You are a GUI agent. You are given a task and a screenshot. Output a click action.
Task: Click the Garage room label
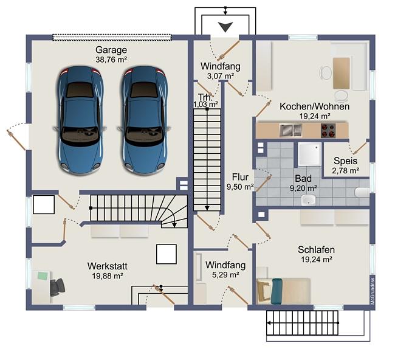tap(111, 50)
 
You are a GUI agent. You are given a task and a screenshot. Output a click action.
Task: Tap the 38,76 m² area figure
tap(111, 60)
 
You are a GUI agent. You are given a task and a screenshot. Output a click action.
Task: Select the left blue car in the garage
tap(80, 120)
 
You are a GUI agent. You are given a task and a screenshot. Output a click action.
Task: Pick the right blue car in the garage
tap(144, 120)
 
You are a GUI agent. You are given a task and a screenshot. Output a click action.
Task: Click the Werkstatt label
tap(108, 266)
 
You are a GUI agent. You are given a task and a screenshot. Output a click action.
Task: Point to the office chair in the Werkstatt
tap(57, 287)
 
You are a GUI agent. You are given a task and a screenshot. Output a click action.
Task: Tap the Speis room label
tap(345, 161)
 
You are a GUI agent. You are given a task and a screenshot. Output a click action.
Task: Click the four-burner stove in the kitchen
tap(328, 130)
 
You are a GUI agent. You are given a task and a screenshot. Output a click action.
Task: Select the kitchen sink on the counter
tap(290, 130)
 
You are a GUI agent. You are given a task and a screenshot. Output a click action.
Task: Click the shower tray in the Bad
tap(309, 154)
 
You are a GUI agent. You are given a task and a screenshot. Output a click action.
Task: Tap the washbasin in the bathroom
tap(308, 200)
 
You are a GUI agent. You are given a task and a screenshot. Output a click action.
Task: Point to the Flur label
tap(240, 177)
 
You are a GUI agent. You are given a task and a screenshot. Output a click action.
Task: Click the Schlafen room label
tap(316, 249)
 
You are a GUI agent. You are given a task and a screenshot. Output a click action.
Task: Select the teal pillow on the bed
tap(277, 291)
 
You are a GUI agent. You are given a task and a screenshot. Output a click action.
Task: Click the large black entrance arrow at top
tap(225, 27)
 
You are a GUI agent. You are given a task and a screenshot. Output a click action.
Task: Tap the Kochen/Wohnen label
tap(315, 106)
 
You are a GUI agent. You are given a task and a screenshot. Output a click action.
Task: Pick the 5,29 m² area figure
tap(225, 275)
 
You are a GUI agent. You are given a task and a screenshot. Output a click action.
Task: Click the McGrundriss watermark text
tap(373, 291)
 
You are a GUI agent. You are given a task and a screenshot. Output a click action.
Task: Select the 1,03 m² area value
tap(205, 104)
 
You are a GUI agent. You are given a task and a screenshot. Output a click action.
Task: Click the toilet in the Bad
tap(362, 193)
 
